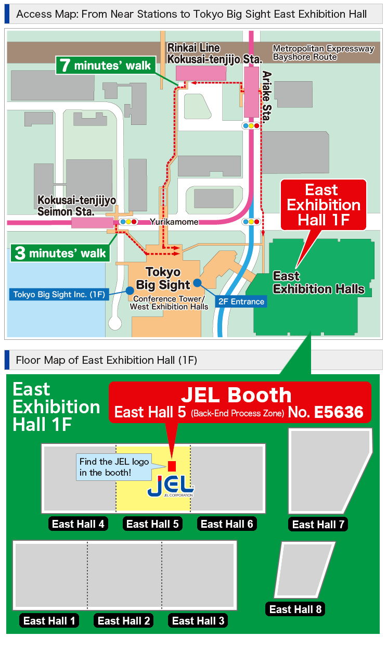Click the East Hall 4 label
tap(79, 524)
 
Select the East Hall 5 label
tap(153, 524)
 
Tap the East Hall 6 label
tap(227, 524)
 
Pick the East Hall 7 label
tap(318, 525)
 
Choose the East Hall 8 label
tap(295, 609)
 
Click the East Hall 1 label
tap(49, 620)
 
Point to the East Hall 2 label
tap(124, 620)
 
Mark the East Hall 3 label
tap(198, 620)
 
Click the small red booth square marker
tap(172, 466)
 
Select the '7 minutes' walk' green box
tap(106, 66)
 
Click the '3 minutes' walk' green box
tap(61, 253)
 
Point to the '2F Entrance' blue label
tap(241, 301)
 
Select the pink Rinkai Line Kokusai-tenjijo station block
tap(201, 73)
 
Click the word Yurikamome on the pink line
tap(174, 222)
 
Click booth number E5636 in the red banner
tap(339, 412)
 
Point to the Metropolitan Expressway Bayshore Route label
tap(323, 53)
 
